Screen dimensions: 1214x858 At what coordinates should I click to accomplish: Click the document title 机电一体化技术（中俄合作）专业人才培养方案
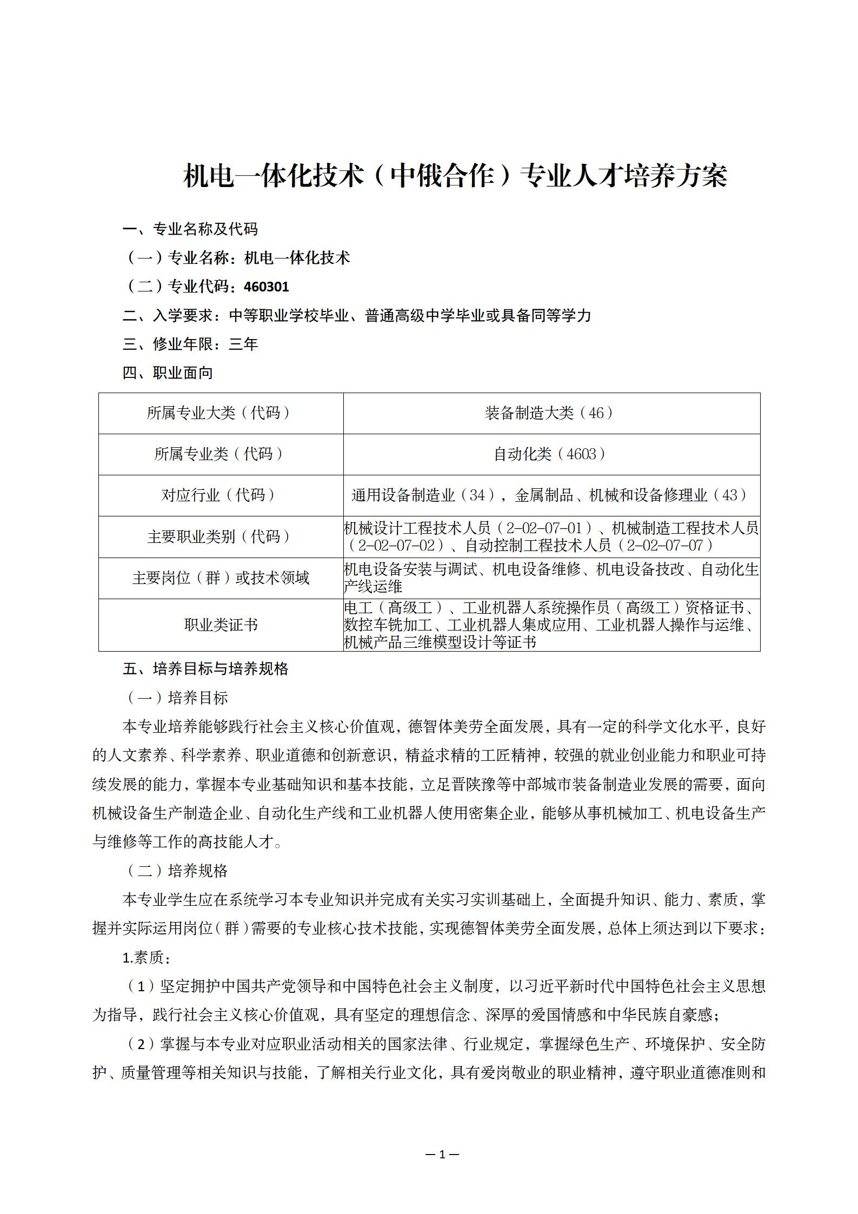pyautogui.click(x=455, y=176)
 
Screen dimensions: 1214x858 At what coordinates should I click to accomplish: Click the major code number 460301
pyautogui.click(x=267, y=287)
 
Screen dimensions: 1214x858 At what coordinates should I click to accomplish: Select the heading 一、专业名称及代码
pyautogui.click(x=190, y=229)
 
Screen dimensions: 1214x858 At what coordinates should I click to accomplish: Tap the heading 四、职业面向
pyautogui.click(x=168, y=373)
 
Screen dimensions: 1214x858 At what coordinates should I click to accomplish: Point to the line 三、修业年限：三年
pyautogui.click(x=190, y=344)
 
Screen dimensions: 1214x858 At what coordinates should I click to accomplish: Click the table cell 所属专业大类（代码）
pyautogui.click(x=221, y=413)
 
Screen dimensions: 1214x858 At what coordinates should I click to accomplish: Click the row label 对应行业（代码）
pyautogui.click(x=221, y=495)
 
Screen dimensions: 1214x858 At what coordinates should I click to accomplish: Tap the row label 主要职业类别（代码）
pyautogui.click(x=221, y=536)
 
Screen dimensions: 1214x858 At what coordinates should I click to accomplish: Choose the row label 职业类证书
pyautogui.click(x=221, y=625)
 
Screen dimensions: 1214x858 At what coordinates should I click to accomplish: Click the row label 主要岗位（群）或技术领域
pyautogui.click(x=221, y=578)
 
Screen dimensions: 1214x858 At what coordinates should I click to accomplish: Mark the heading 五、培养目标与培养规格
pyautogui.click(x=205, y=669)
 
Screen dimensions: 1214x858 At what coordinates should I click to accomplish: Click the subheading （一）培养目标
pyautogui.click(x=176, y=698)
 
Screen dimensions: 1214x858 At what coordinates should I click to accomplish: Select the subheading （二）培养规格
pyautogui.click(x=176, y=871)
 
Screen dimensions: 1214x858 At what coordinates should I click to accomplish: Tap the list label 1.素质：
pyautogui.click(x=147, y=958)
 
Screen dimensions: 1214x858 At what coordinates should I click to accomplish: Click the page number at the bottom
pyautogui.click(x=442, y=1155)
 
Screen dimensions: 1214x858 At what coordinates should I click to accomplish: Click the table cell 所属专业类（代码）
pyautogui.click(x=221, y=454)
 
